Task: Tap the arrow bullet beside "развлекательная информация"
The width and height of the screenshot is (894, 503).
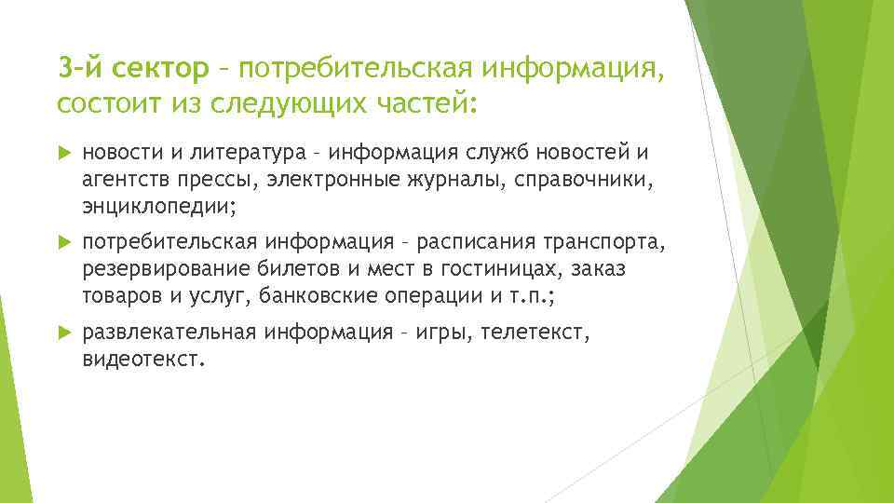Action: pyautogui.click(x=63, y=333)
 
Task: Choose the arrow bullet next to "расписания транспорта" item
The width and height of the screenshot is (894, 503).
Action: pyautogui.click(x=63, y=243)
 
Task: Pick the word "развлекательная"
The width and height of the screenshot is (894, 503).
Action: pyautogui.click(x=169, y=333)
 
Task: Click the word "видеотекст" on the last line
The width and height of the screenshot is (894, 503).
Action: pyautogui.click(x=140, y=358)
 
